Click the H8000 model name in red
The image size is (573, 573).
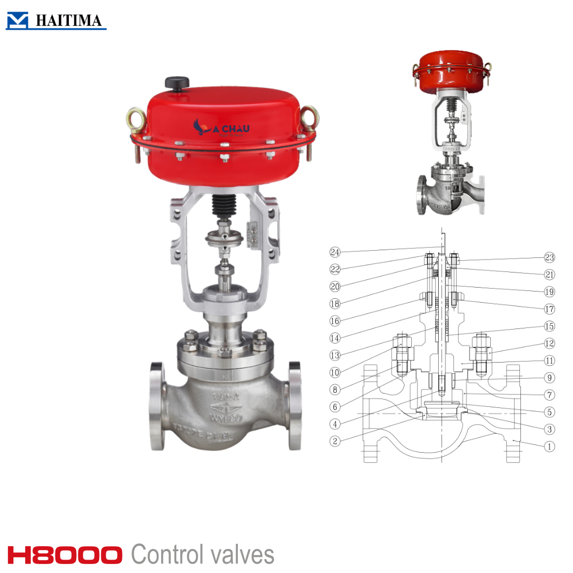pos(65,555)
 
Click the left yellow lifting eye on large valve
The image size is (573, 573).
pos(135,119)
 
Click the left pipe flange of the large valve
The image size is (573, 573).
pos(157,406)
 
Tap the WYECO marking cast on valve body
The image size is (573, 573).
pos(224,417)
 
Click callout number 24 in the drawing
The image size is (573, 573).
pos(335,251)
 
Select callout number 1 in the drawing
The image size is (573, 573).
pos(549,446)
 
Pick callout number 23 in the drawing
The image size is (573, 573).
pos(549,257)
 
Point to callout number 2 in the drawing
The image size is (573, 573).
pos(335,441)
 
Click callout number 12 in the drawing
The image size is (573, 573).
pos(549,343)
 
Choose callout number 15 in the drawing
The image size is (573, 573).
pos(549,326)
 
